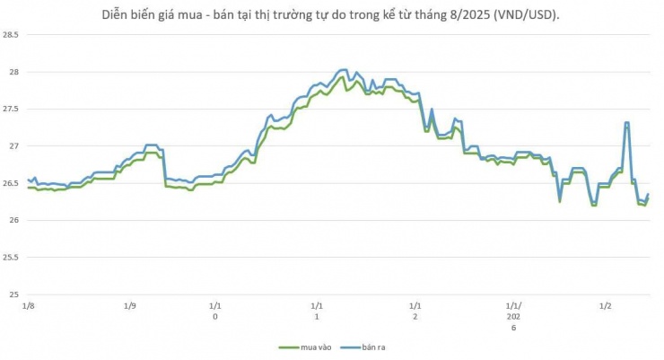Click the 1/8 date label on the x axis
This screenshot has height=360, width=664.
[30, 306]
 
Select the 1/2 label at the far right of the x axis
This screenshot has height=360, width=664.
[606, 306]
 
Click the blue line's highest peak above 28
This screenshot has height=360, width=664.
[343, 69]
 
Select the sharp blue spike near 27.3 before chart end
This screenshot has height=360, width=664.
[626, 122]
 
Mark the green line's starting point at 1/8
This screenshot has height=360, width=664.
[29, 188]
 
